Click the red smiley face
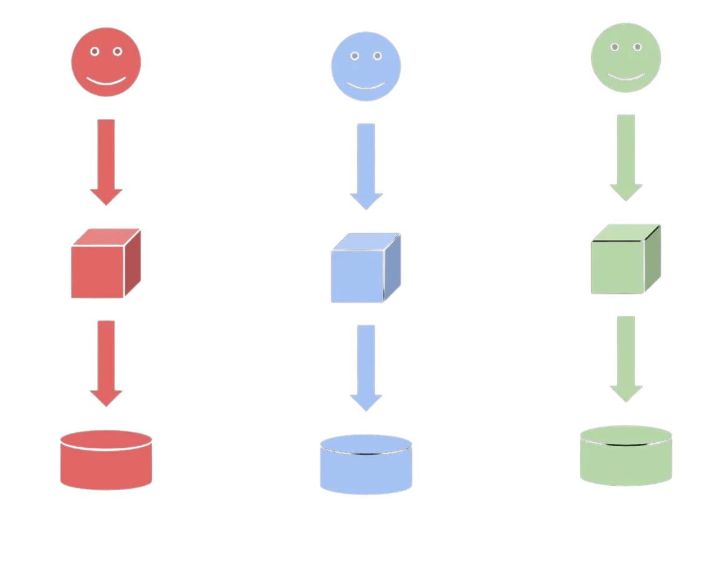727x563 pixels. click(106, 62)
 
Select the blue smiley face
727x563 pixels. click(366, 67)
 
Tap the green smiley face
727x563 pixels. click(626, 58)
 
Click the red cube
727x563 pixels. click(99, 271)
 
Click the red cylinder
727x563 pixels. click(106, 464)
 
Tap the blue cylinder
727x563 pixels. click(366, 468)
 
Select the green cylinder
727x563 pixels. click(626, 460)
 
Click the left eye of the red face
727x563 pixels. click(95, 52)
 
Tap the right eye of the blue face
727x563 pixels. click(377, 56)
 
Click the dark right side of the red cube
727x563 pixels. click(132, 263)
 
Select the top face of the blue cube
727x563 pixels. click(366, 242)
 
